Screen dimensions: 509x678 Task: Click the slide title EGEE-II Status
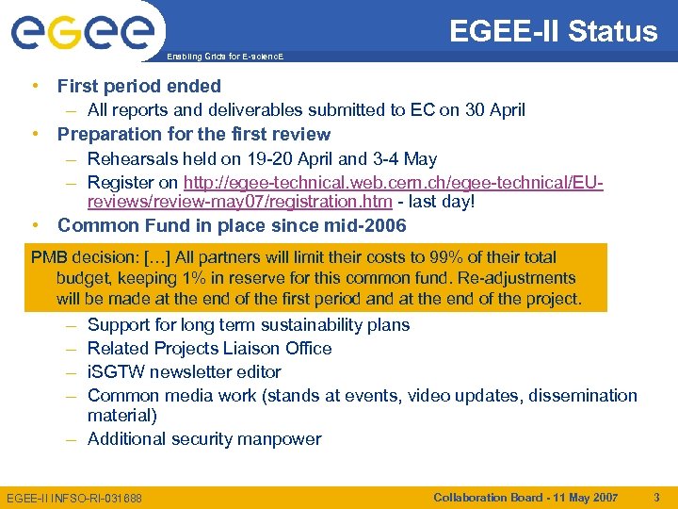coord(553,31)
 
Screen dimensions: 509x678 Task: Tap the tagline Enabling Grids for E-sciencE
coord(225,57)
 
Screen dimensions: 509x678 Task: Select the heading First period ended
coord(139,86)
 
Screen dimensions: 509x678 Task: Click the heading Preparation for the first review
coord(194,134)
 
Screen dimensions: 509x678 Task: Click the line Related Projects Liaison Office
coord(209,348)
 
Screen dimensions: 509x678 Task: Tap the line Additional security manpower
coord(204,438)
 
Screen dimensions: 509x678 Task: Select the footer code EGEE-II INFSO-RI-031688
coord(74,497)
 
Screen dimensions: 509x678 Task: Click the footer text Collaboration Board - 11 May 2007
coord(525,496)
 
